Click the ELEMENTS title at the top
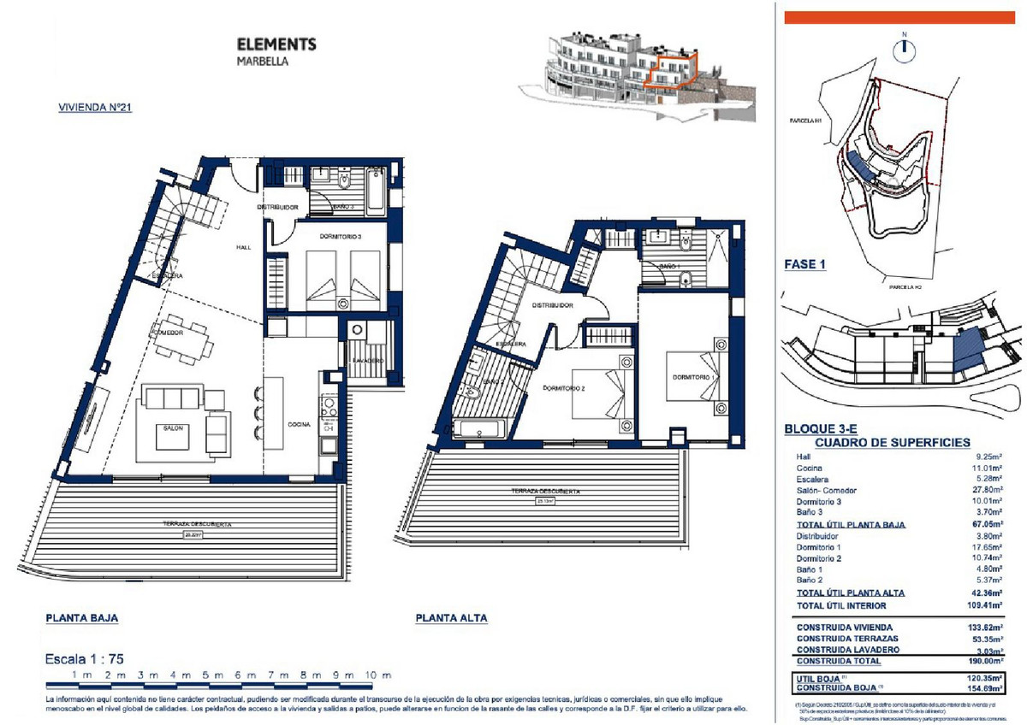(276, 44)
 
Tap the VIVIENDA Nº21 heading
(93, 109)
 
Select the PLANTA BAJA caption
(81, 617)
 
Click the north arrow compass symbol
(904, 50)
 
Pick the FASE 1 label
(804, 265)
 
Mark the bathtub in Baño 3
(377, 191)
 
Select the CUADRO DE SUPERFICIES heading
(893, 443)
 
